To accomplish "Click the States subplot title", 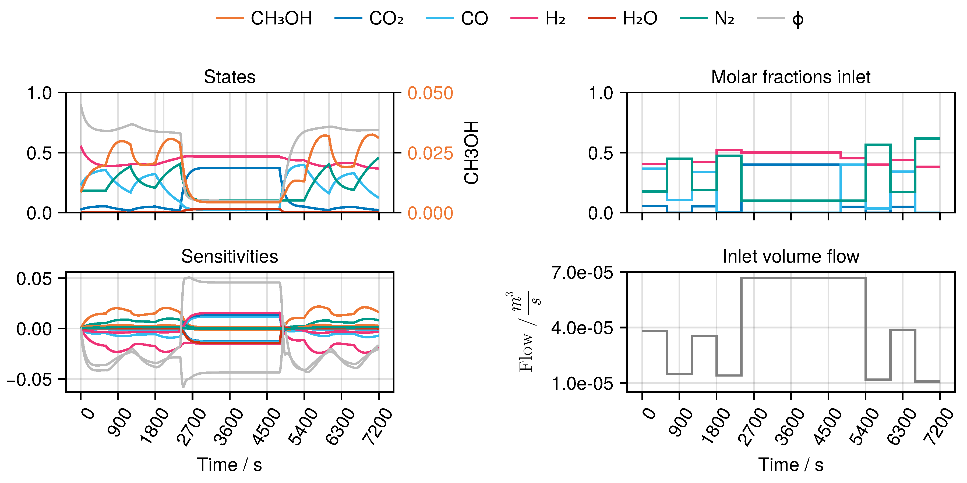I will coord(229,77).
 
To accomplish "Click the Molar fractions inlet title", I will coord(790,77).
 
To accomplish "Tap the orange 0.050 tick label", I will coord(430,93).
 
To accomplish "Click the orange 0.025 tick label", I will coord(430,153).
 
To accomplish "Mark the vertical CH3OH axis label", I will coord(471,153).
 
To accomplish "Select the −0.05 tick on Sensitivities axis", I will coord(29,380).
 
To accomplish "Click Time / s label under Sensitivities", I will coord(229,465).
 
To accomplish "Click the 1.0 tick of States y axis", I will coord(39,93).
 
